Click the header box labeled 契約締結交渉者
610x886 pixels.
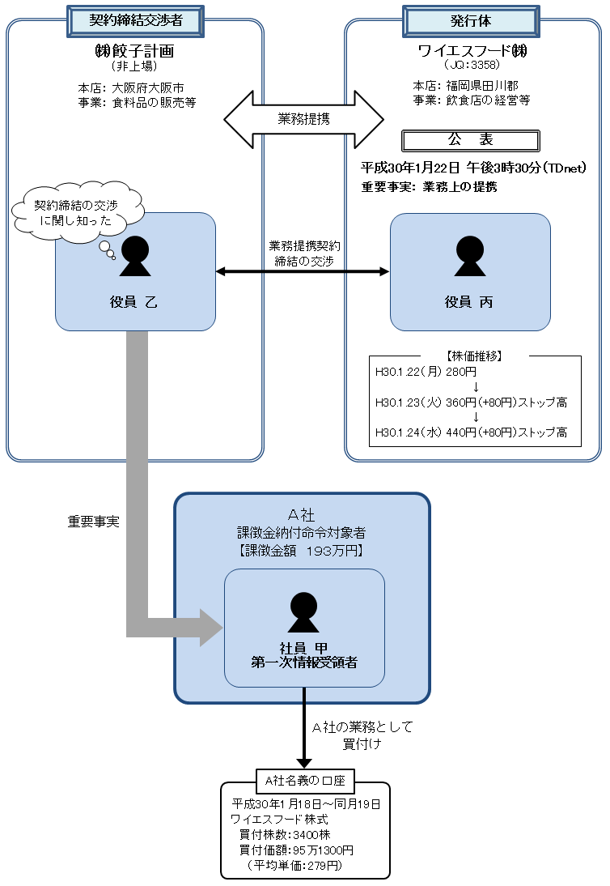click(x=134, y=20)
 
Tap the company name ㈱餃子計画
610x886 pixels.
click(x=134, y=52)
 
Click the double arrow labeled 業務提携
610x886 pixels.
click(x=303, y=118)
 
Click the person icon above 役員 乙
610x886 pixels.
click(x=135, y=256)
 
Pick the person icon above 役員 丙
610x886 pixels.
click(x=469, y=256)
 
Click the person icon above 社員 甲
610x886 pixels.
click(x=303, y=612)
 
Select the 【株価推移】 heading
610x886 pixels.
click(x=475, y=356)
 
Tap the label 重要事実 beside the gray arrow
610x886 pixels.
click(x=93, y=522)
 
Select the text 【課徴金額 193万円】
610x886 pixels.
click(x=303, y=551)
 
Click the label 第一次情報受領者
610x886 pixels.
click(x=304, y=662)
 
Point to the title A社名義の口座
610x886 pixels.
click(x=304, y=781)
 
